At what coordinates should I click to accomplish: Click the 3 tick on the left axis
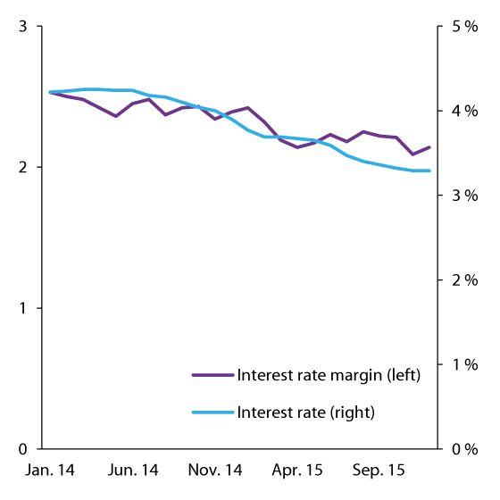pyautogui.click(x=25, y=27)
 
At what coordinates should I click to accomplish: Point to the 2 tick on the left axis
pyautogui.click(x=25, y=167)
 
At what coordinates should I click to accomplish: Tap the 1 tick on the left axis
pyautogui.click(x=25, y=308)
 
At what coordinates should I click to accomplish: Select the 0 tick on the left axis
pyautogui.click(x=25, y=448)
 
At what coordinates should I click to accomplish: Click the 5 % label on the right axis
pyautogui.click(x=463, y=27)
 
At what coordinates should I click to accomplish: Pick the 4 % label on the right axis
pyautogui.click(x=463, y=111)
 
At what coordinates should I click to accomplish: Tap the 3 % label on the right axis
pyautogui.click(x=463, y=196)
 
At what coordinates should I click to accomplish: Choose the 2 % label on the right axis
pyautogui.click(x=463, y=280)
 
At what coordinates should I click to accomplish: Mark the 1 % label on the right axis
pyautogui.click(x=463, y=364)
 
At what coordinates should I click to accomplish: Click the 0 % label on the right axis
pyautogui.click(x=463, y=448)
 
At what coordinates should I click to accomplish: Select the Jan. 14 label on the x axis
pyautogui.click(x=49, y=470)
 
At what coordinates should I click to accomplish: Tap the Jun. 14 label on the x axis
pyautogui.click(x=132, y=470)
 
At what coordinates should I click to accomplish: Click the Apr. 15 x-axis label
pyautogui.click(x=297, y=470)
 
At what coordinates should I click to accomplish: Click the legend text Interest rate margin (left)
pyautogui.click(x=328, y=374)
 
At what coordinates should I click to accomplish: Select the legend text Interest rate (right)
pyautogui.click(x=305, y=412)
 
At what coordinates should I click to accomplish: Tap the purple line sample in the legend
pyautogui.click(x=212, y=374)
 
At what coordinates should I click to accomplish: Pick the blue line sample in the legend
pyautogui.click(x=212, y=412)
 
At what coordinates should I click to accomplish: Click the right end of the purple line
pyautogui.click(x=430, y=146)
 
